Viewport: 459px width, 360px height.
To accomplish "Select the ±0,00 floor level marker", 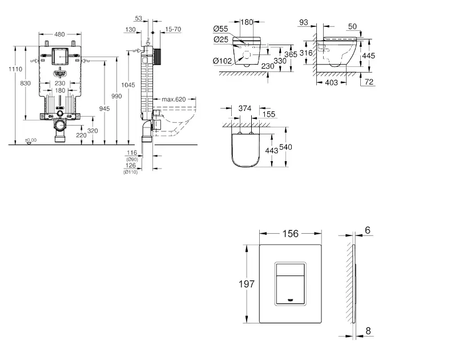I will coord(30,140).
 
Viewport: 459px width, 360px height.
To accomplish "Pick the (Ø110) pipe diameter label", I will coord(131,172).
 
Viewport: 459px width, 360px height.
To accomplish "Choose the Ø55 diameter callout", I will coord(222,29).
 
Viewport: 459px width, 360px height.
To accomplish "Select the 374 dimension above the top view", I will coord(245,109).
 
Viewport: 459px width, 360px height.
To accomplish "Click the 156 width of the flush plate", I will coord(291,233).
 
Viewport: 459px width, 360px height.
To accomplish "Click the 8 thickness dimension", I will coord(368,330).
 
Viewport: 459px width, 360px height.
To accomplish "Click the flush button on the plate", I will coord(291,284).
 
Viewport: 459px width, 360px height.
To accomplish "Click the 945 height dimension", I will coord(104,109).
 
